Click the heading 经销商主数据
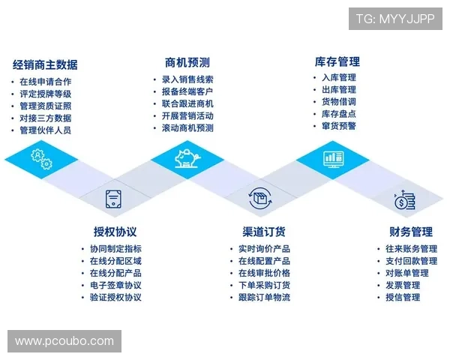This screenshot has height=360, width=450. (x=45, y=64)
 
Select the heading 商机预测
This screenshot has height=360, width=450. (x=187, y=62)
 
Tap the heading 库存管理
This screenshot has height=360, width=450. (x=337, y=61)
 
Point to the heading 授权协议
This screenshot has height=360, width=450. (x=115, y=231)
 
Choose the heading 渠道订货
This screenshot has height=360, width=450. (x=263, y=231)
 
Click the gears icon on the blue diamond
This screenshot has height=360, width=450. (x=40, y=160)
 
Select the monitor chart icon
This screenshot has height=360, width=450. (x=332, y=159)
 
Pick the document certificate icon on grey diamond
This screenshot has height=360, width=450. (x=112, y=199)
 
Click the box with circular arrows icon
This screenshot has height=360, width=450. (x=259, y=199)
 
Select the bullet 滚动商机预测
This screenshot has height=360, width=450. (x=187, y=128)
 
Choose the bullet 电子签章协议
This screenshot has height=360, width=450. (x=115, y=285)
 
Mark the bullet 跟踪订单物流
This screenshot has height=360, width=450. (x=264, y=297)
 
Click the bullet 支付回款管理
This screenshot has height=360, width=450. (x=411, y=261)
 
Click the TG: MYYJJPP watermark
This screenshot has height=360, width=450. (x=395, y=19)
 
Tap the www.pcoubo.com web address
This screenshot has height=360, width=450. (x=64, y=341)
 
